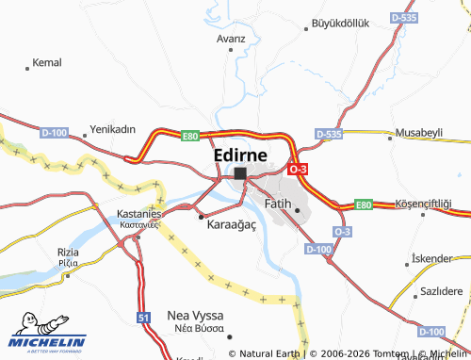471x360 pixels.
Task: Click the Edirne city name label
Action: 239,154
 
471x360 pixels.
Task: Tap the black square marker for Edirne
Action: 240,173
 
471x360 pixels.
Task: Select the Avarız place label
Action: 231,39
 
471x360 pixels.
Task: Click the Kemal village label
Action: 46,62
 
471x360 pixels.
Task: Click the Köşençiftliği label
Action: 423,205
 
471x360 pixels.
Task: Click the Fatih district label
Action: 278,203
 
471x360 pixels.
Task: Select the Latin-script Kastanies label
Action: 139,214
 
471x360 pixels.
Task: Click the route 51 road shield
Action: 143,319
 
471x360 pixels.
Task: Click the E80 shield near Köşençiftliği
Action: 364,204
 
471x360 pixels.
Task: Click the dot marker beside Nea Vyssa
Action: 229,332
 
